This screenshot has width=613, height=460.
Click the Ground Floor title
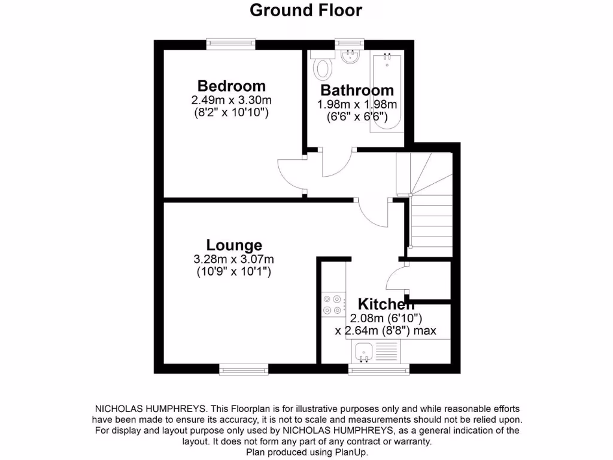pyautogui.click(x=305, y=10)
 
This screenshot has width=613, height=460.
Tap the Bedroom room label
pyautogui.click(x=232, y=86)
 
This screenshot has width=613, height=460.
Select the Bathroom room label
pyautogui.click(x=357, y=90)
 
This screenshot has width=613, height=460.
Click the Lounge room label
pyautogui.click(x=234, y=245)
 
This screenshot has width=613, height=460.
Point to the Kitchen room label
pyautogui.click(x=386, y=304)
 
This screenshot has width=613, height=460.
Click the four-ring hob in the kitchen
pyautogui.click(x=332, y=304)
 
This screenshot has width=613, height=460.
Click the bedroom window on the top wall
pyautogui.click(x=231, y=44)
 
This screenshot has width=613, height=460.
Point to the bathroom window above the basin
pyautogui.click(x=349, y=43)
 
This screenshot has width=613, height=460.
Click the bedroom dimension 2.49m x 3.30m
pyautogui.click(x=232, y=100)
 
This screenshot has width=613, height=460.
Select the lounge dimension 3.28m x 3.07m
pyautogui.click(x=234, y=259)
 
